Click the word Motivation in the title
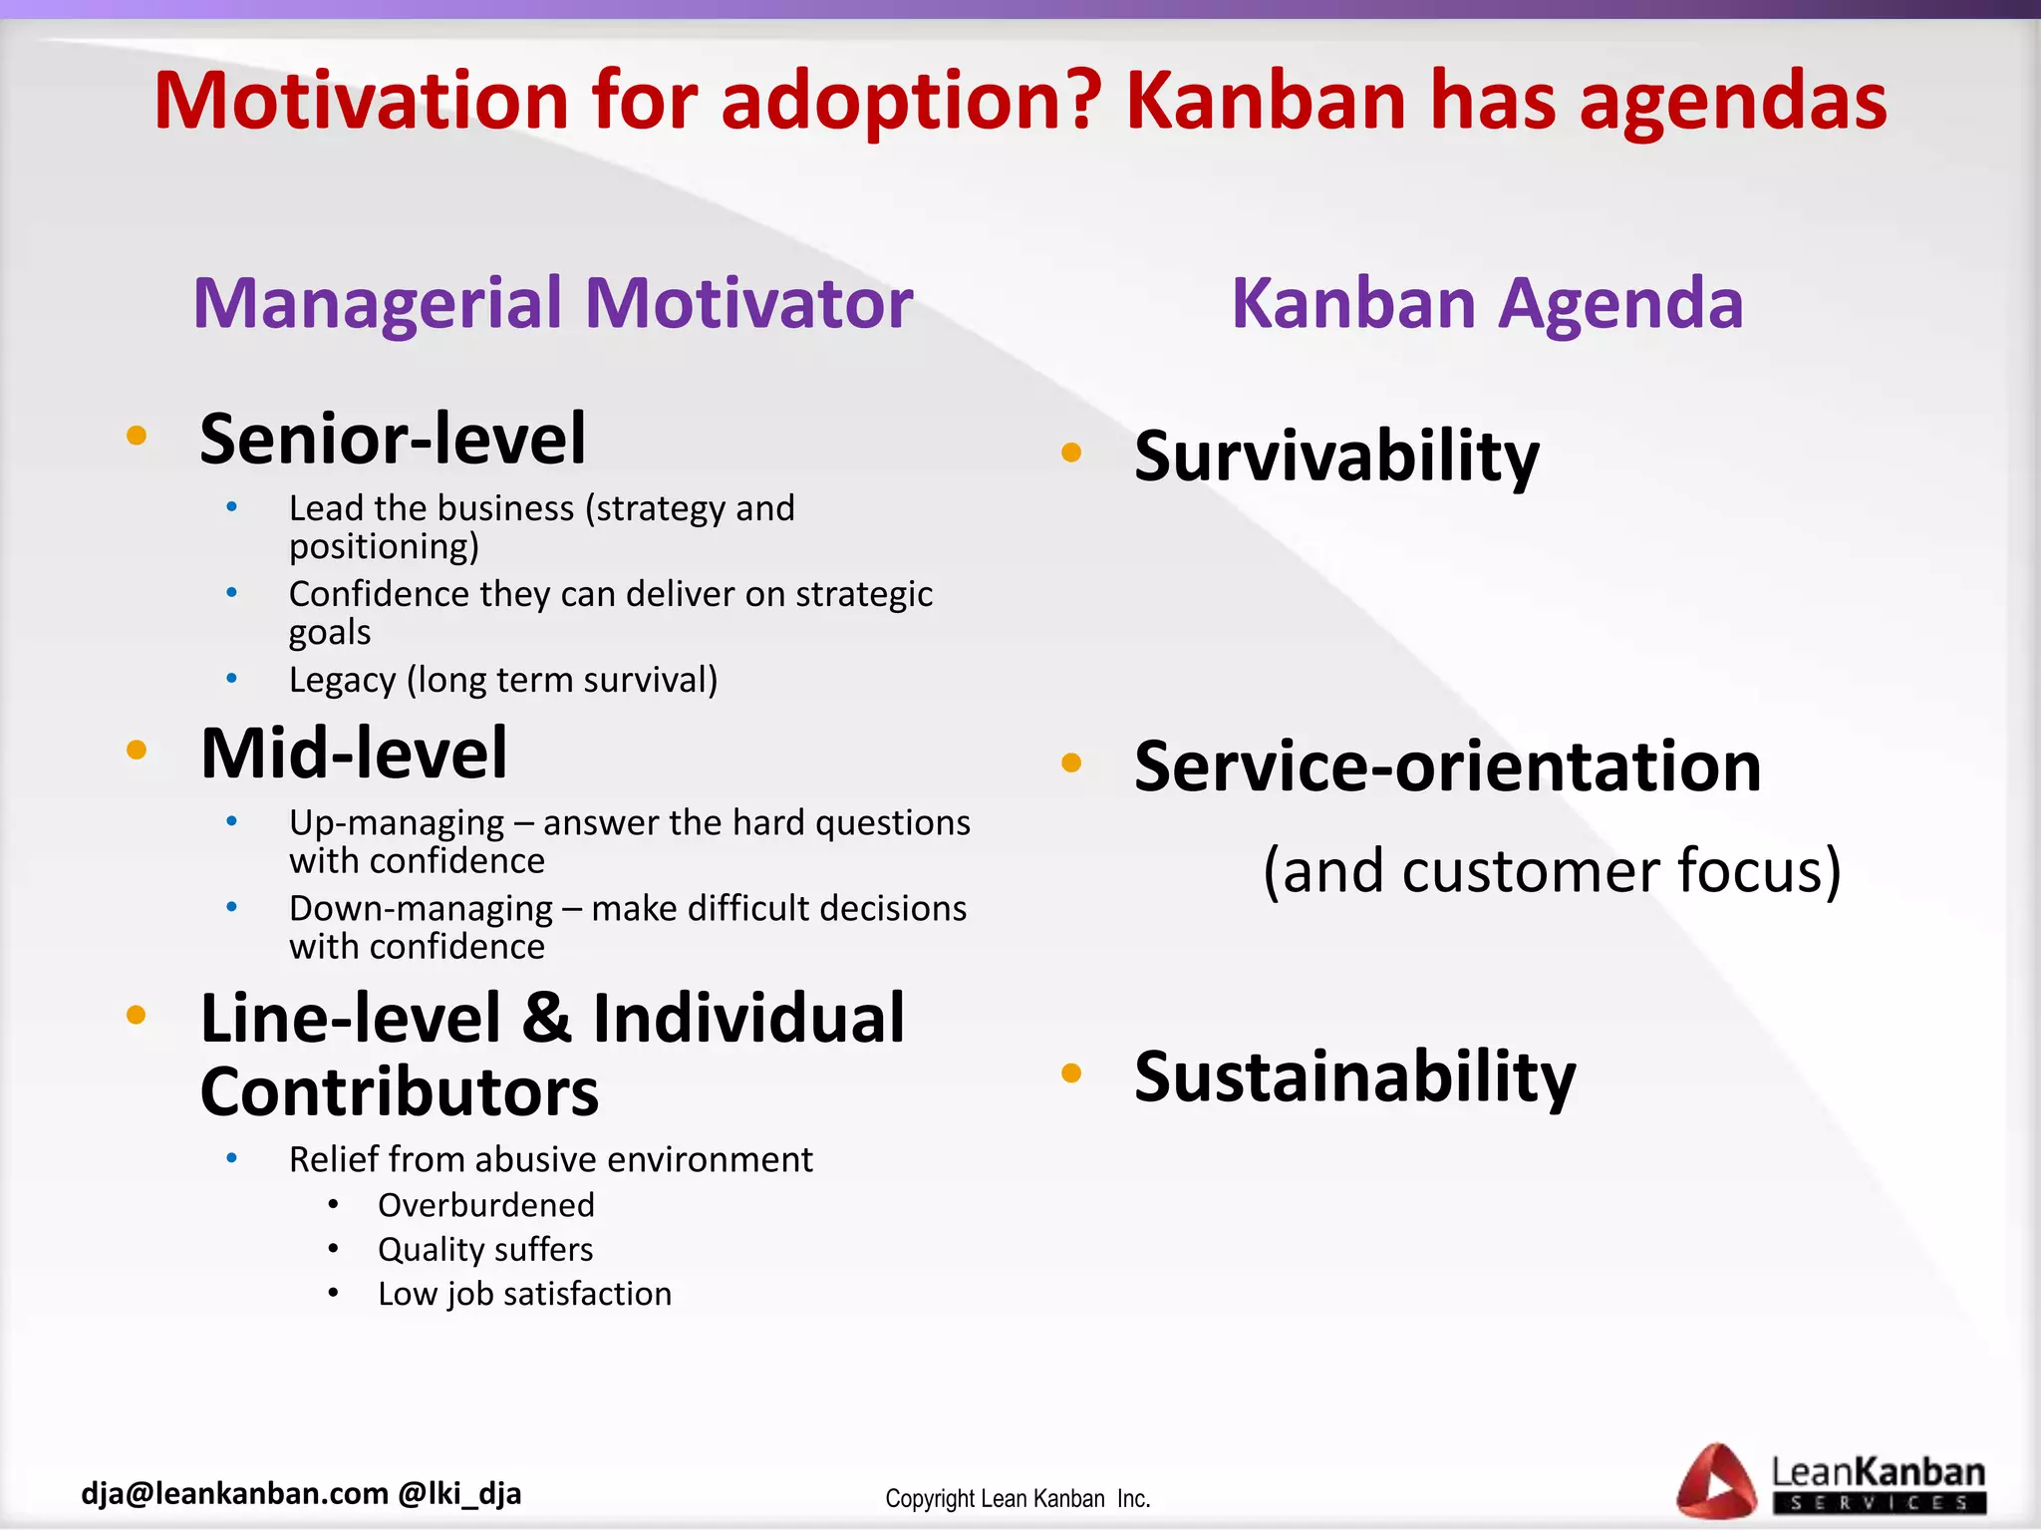(361, 101)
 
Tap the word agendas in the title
(1733, 101)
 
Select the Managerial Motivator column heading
(553, 303)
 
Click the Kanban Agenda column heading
(1487, 303)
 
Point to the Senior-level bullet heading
(393, 439)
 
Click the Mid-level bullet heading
(354, 754)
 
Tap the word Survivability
(1336, 457)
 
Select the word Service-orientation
(1447, 766)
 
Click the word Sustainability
(1354, 1076)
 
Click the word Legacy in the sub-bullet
(342, 681)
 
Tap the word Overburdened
(485, 1205)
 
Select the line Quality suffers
(485, 1249)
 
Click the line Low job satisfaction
(524, 1294)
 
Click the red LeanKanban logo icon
(1715, 1481)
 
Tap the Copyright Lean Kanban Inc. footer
(1018, 1499)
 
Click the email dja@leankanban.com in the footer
(234, 1493)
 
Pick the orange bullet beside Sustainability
(1071, 1073)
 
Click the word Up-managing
(397, 823)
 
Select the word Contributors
(400, 1092)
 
